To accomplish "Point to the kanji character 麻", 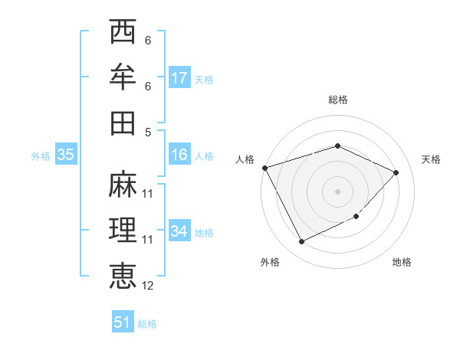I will [123, 184].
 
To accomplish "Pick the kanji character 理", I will [123, 229].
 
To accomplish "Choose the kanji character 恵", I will [123, 275].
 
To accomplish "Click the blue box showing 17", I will [179, 78].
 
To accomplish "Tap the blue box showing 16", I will [179, 155].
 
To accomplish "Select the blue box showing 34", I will [179, 231].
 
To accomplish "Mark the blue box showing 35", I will [66, 155].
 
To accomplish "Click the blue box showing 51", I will [123, 322].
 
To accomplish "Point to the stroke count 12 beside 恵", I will [148, 286].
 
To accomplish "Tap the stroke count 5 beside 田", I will [148, 131].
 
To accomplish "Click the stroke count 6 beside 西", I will [148, 41].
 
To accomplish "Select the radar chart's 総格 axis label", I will [338, 100].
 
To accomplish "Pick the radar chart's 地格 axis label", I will [402, 262].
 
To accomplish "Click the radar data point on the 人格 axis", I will [264, 167].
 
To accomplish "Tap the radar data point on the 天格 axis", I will [396, 172].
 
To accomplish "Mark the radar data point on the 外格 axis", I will [301, 242].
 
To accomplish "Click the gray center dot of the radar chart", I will [338, 191].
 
